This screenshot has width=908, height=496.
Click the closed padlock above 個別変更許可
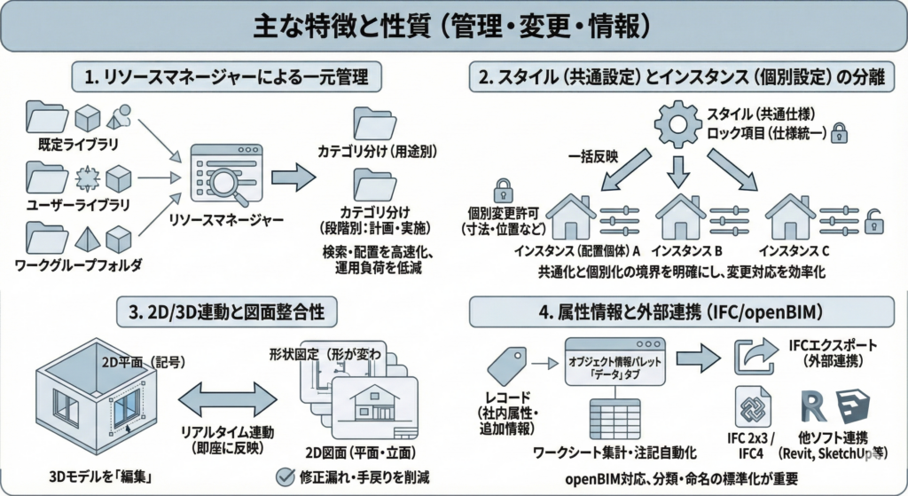coord(504,190)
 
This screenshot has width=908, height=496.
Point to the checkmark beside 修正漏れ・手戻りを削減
coord(286,476)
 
